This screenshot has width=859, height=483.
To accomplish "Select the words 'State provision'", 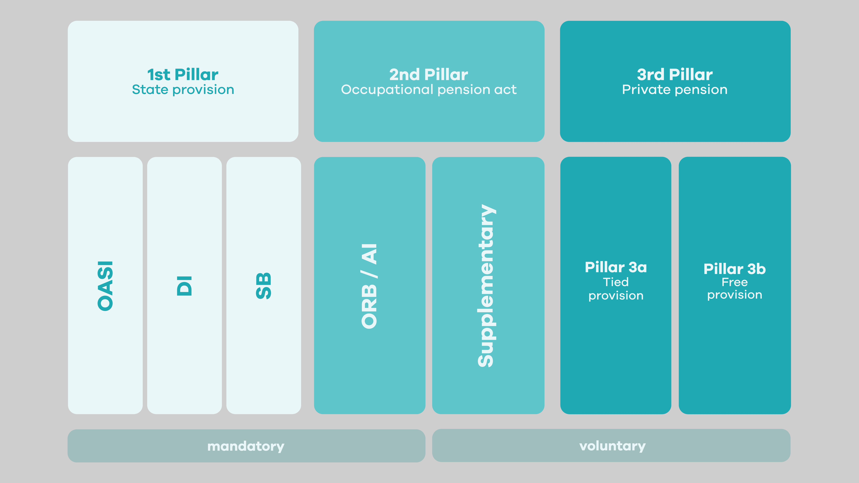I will (x=183, y=90).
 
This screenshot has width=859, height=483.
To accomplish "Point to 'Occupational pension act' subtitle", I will (x=428, y=90).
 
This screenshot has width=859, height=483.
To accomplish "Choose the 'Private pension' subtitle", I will (x=675, y=90).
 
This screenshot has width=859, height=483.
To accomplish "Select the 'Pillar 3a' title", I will (x=616, y=267).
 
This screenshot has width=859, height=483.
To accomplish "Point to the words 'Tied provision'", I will (x=616, y=289).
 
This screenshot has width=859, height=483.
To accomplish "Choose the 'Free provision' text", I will (x=734, y=288).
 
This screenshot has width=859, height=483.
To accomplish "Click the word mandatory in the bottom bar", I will (x=246, y=446).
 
